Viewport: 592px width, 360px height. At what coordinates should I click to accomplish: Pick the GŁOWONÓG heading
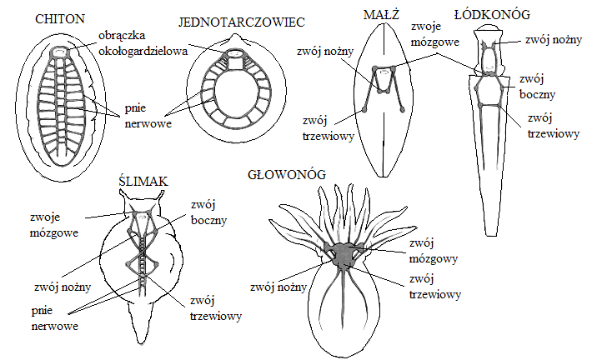click(x=286, y=175)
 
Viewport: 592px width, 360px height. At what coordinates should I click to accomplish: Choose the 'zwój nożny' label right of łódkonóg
click(x=548, y=37)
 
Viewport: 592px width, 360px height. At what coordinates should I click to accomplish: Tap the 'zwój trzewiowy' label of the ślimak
click(x=215, y=307)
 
